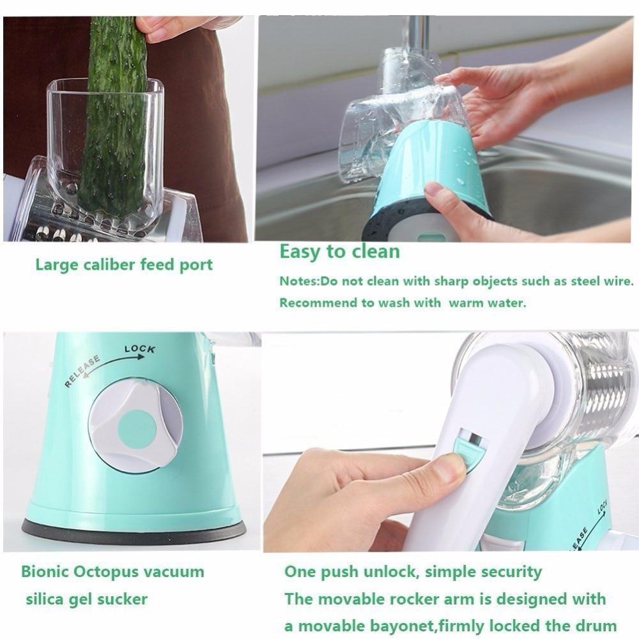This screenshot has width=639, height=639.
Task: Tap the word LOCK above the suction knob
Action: pos(140,349)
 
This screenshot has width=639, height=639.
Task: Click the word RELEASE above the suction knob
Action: pos(82,371)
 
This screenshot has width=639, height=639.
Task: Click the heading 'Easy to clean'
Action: pos(339,251)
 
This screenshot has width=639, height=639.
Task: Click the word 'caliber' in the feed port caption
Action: pos(110,265)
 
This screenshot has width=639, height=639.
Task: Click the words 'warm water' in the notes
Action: pos(488,303)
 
